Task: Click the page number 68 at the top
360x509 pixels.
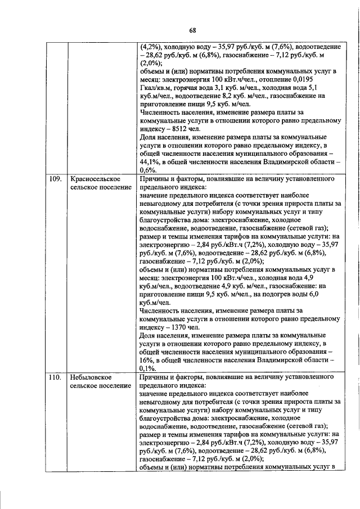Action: tap(192, 30)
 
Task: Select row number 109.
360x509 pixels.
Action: tap(55, 179)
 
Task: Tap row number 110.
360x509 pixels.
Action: tap(55, 376)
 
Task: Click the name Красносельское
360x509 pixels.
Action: tap(93, 179)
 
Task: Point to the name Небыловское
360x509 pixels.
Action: tap(90, 376)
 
